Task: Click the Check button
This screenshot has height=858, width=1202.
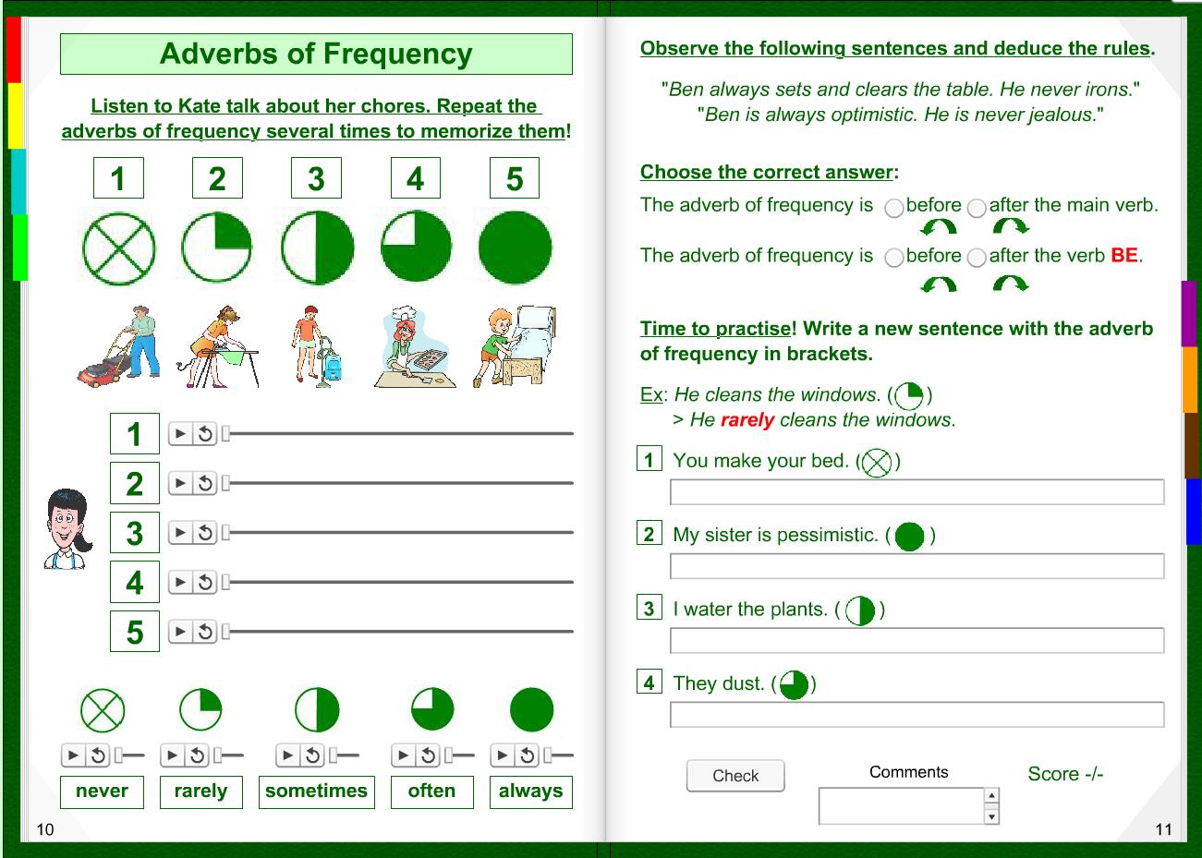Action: (735, 776)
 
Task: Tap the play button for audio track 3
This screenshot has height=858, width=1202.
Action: (181, 533)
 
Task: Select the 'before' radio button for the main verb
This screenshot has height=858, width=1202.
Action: (893, 208)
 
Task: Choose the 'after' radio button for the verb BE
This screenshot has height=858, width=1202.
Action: (977, 259)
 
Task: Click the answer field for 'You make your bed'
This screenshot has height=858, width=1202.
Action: (917, 492)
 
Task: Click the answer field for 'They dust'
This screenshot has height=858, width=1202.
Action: (917, 715)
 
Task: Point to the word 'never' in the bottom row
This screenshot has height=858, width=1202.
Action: (102, 792)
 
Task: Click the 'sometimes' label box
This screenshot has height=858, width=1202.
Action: (316, 792)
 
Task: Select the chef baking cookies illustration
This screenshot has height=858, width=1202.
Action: (412, 347)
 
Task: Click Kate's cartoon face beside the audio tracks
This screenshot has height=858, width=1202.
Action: (67, 528)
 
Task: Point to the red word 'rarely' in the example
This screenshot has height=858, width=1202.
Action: (747, 420)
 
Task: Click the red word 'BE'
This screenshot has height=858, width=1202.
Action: (1123, 256)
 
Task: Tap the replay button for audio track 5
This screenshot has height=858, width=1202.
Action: (205, 633)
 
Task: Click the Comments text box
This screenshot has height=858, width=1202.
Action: (902, 806)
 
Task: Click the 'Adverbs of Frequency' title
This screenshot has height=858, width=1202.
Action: (316, 54)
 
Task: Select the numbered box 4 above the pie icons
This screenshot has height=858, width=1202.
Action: (416, 179)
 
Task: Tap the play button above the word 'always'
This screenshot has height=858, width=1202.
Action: (502, 755)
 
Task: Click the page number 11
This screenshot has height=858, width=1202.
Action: (1163, 829)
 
